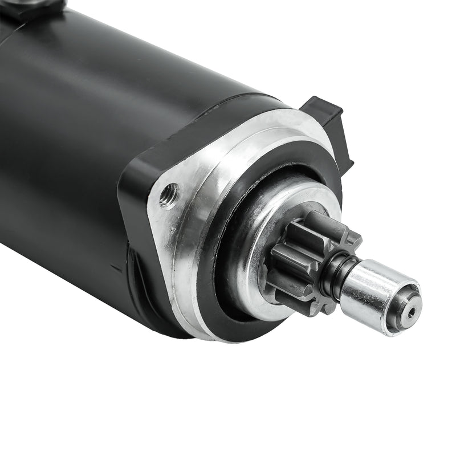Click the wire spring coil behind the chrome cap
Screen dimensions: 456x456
point(333,274)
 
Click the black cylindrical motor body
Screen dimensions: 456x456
point(85,142)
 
